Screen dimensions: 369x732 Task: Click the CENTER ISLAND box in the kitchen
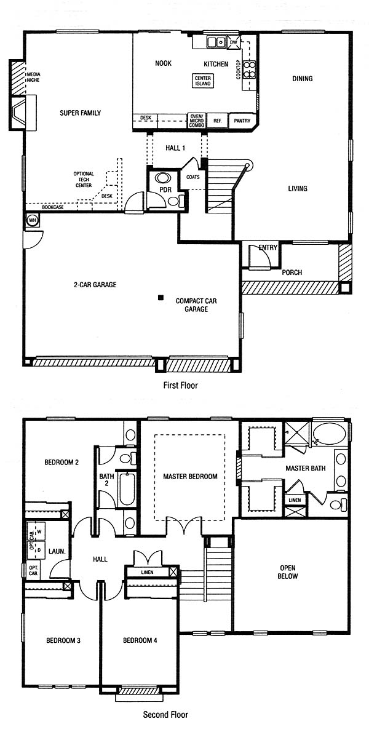[x=203, y=81]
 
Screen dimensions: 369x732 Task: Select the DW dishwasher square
[x=234, y=42]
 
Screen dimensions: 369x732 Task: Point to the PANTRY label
[x=242, y=121]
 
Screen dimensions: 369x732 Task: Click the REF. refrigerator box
[x=217, y=121]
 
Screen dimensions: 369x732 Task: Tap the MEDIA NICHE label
[x=33, y=77]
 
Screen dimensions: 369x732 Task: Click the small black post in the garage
[x=161, y=297]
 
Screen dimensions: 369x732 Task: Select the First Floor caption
[x=180, y=386]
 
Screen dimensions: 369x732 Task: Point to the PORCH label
[x=293, y=272]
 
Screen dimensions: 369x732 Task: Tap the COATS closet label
[x=192, y=177]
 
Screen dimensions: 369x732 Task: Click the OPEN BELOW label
[x=289, y=572]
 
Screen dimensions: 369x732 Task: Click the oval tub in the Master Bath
[x=329, y=433]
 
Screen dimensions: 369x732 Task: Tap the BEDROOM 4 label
[x=140, y=640]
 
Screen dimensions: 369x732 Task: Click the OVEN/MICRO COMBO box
[x=196, y=121]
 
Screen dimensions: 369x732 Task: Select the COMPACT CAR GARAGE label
[x=196, y=305]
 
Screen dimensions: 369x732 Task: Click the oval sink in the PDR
[x=163, y=179]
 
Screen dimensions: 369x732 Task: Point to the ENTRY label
[x=268, y=248]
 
